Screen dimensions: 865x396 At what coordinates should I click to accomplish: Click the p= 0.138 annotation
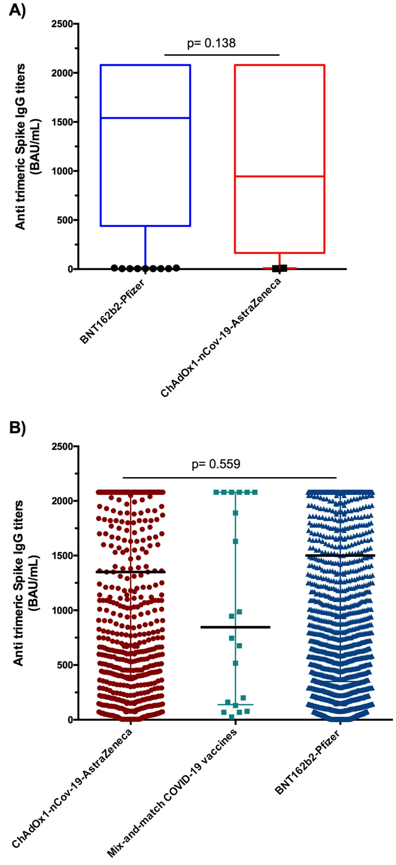click(x=211, y=43)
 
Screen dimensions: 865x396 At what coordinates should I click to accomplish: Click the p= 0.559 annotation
click(x=216, y=464)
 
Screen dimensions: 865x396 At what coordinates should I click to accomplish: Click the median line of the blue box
click(x=145, y=118)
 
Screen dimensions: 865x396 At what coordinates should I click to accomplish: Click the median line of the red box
click(x=279, y=176)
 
